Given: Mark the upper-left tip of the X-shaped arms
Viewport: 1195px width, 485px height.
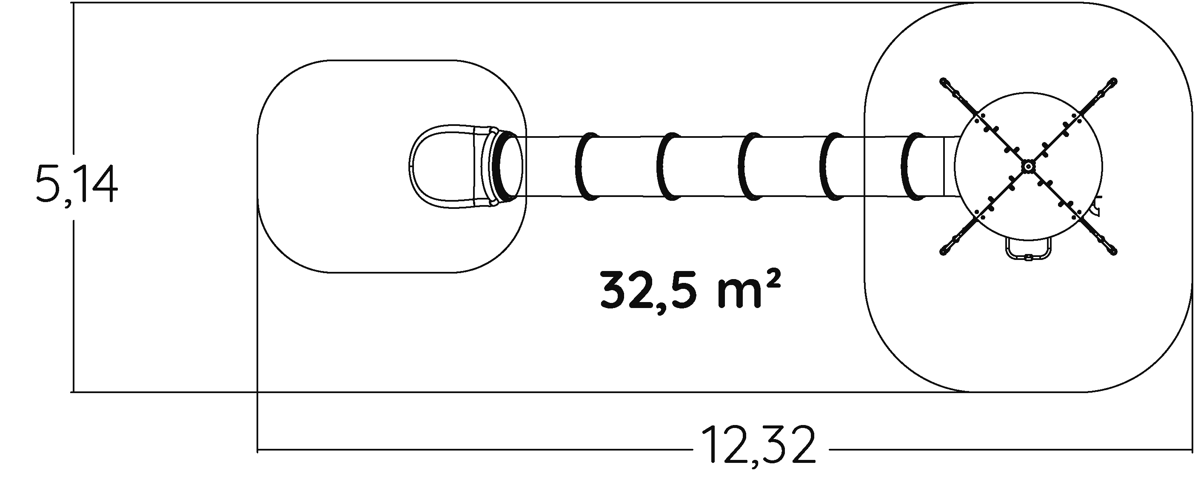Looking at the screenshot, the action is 943,81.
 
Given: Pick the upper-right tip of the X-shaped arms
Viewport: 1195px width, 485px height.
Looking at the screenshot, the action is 1113,81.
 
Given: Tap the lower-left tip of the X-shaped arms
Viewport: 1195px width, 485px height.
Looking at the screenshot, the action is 943,251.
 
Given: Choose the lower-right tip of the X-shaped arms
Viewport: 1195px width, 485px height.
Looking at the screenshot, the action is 1113,251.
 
